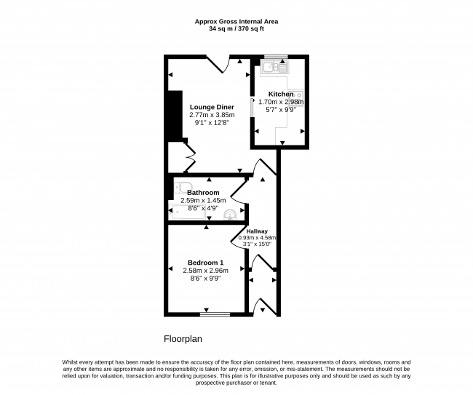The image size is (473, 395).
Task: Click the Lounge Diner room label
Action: (212, 107)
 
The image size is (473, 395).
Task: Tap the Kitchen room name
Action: (281, 94)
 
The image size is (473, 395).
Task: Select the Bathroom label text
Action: (203, 192)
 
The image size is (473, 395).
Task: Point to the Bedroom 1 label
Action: (205, 263)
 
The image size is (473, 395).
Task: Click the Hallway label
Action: (257, 231)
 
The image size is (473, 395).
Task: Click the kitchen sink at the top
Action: (275, 67)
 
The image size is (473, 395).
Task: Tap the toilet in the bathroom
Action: (183, 187)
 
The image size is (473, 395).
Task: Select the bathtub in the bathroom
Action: (187, 212)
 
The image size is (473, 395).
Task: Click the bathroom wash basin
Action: (231, 215)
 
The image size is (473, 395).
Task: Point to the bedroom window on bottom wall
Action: (215, 314)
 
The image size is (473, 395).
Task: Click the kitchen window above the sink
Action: (276, 57)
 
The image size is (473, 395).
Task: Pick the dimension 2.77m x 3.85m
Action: (212, 115)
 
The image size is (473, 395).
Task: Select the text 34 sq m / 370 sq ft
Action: (236, 29)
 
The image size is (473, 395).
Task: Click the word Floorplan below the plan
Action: (183, 339)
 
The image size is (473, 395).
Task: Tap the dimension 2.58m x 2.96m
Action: (205, 271)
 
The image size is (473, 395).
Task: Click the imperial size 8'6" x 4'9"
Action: (203, 208)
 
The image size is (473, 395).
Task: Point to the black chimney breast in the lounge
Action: (175, 116)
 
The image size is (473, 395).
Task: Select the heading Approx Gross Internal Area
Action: (236, 22)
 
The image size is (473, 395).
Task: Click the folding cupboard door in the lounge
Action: (190, 157)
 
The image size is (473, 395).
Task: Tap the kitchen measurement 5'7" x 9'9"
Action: (281, 110)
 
